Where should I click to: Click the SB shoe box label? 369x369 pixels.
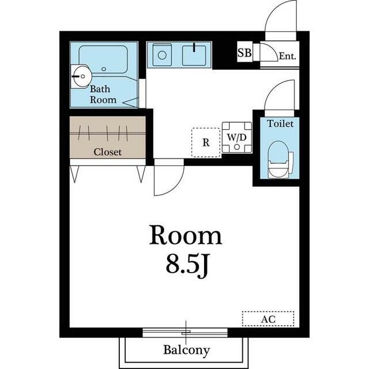point(244,52)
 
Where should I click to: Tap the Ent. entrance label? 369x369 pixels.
point(287,56)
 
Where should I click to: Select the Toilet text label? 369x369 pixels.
point(280,123)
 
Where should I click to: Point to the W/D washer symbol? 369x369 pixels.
point(237,137)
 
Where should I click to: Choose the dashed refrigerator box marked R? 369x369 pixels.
point(206,142)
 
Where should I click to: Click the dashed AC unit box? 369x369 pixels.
point(268,319)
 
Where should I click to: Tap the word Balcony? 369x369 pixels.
point(186,350)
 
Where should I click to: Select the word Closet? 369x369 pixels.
point(108,152)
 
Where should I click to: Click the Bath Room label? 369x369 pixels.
point(103,95)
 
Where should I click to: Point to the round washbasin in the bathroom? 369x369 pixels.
point(81,77)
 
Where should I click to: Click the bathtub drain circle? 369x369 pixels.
point(104,69)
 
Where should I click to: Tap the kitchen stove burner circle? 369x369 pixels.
point(162,55)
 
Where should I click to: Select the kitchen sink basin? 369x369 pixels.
point(194,55)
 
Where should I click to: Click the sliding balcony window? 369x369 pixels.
point(185,333)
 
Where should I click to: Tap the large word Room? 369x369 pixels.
point(186,236)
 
